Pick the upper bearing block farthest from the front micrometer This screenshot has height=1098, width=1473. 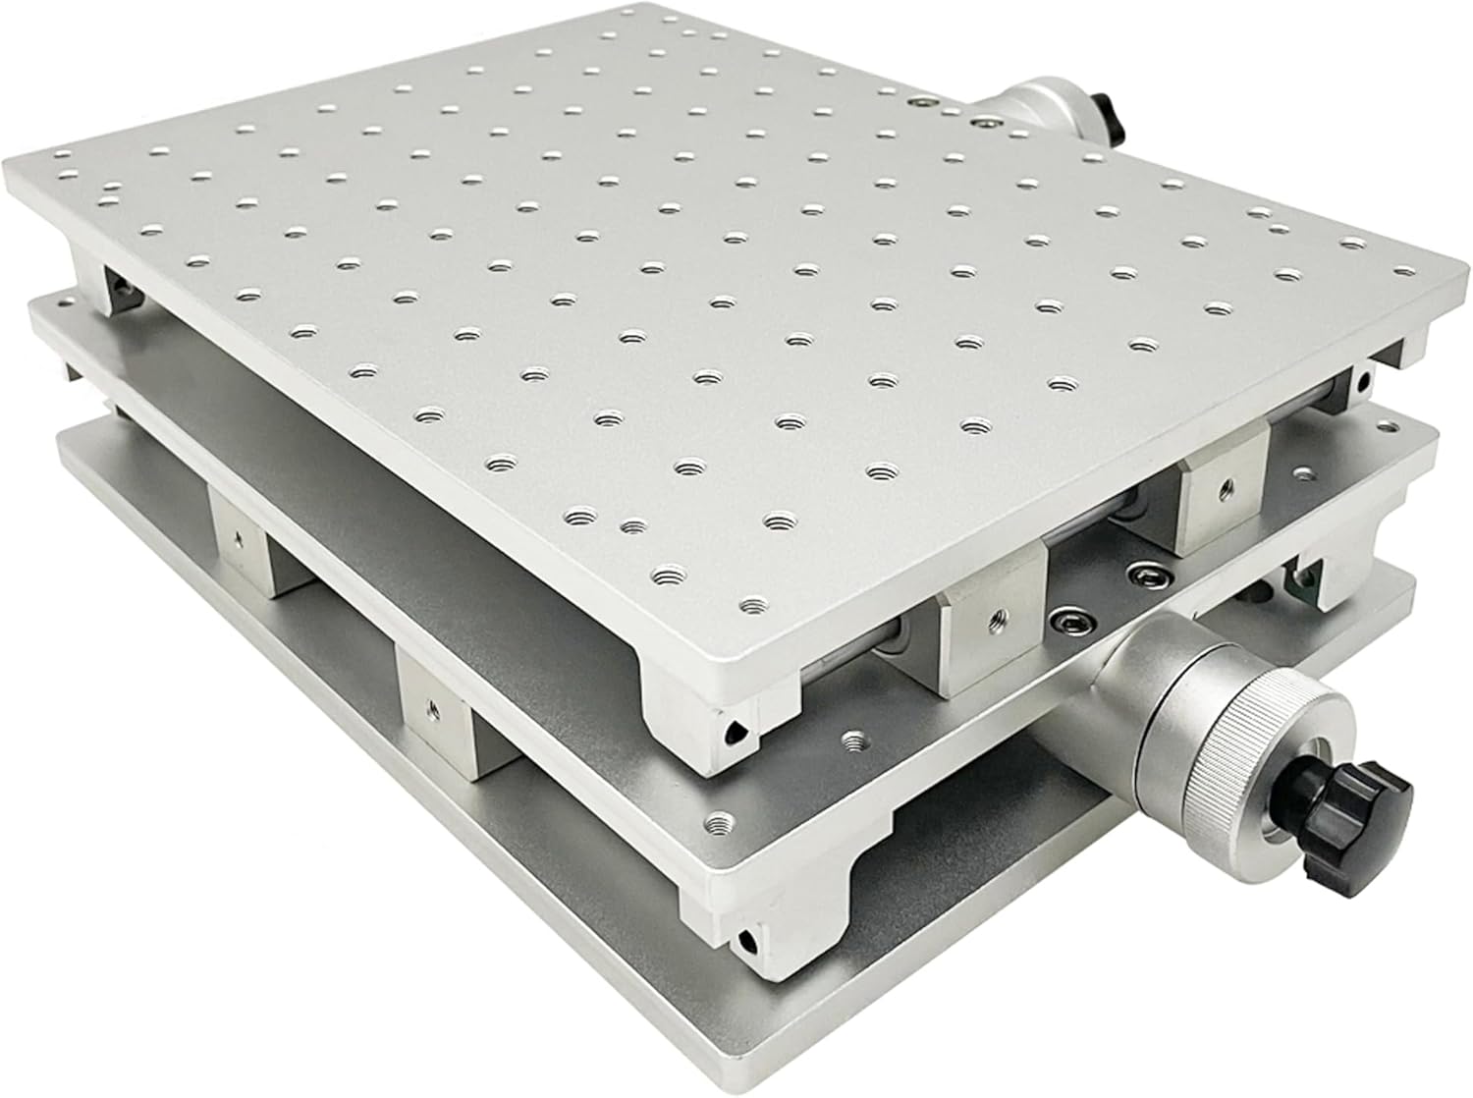[x=1223, y=488]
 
